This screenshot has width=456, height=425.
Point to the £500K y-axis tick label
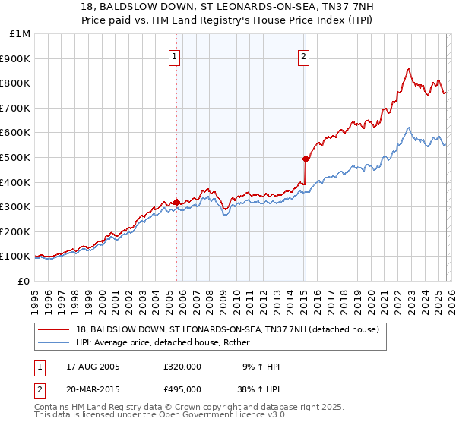17,158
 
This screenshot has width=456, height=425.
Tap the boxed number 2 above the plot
303,55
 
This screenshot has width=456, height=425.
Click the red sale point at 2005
177,202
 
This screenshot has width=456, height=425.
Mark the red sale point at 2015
306,159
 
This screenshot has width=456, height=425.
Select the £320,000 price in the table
182,367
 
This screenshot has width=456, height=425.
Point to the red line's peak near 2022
409,69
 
